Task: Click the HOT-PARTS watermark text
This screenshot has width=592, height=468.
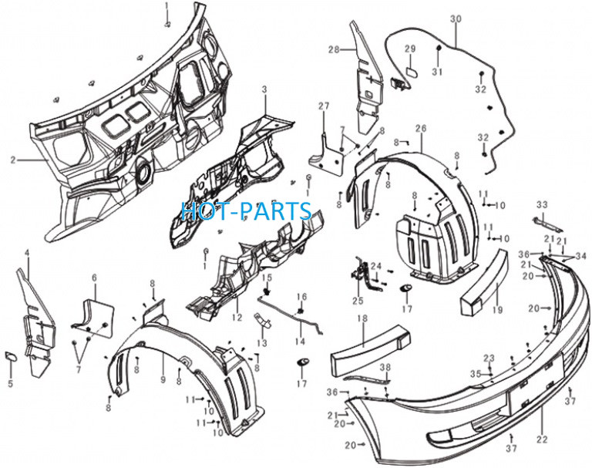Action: point(247,210)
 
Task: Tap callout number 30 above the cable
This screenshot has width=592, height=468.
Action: point(456,19)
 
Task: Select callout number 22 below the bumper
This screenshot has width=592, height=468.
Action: point(542,439)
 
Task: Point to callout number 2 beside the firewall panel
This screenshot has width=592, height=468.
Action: point(13,160)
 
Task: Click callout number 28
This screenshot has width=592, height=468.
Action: point(334,49)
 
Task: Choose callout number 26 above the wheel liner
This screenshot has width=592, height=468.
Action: point(421,129)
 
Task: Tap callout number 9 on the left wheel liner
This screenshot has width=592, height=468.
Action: point(163,379)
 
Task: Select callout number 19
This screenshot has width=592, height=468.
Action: point(498,310)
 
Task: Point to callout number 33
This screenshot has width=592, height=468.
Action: point(542,205)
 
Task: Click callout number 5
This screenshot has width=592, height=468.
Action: point(11,384)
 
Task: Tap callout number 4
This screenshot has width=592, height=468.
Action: point(27,252)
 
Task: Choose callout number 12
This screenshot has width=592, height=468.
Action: point(237,318)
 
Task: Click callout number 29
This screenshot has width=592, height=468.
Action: point(410,49)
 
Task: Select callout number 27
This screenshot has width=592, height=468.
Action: point(324,106)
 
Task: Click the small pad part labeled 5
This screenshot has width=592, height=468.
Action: point(10,356)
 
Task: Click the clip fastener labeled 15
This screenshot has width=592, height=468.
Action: point(267,291)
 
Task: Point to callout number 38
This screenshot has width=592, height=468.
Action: point(385,367)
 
